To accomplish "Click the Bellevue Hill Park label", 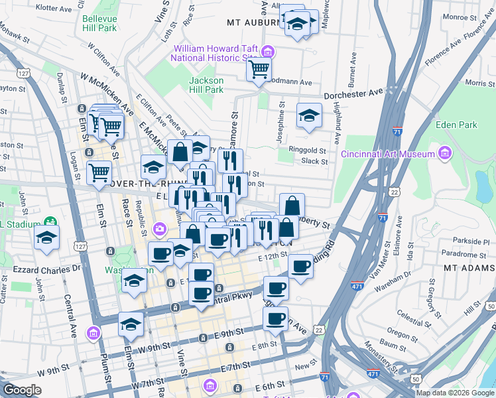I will [99, 23].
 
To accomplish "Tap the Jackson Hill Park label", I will [206, 85].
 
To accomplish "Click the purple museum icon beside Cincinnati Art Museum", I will [444, 154].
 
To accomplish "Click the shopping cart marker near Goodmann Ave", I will [259, 68].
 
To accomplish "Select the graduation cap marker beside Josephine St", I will [309, 115].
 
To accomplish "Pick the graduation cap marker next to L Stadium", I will [46, 237].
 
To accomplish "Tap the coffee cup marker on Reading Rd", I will [300, 266].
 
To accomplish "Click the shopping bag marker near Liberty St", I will [292, 205].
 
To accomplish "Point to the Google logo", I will [22, 390].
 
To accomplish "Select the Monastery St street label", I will [381, 355].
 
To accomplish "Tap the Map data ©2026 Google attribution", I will [454, 393].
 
